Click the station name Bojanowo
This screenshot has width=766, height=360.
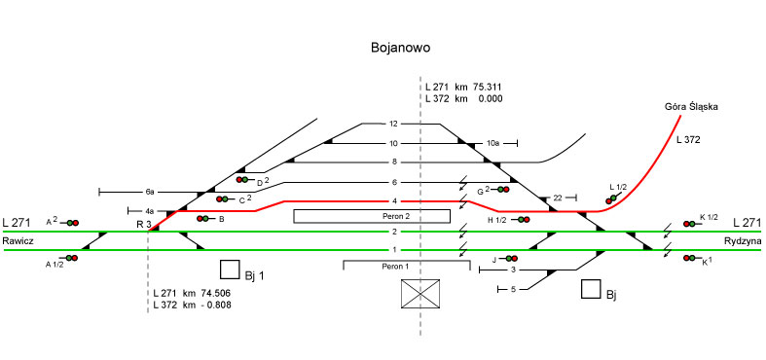pyautogui.click(x=401, y=48)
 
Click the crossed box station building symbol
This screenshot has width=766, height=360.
pyautogui.click(x=420, y=294)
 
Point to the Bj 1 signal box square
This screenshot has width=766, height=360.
pyautogui.click(x=230, y=270)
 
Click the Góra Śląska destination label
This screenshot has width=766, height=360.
pyautogui.click(x=691, y=107)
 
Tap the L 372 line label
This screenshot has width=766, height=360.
pyautogui.click(x=688, y=140)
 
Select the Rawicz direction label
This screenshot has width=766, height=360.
pyautogui.click(x=18, y=241)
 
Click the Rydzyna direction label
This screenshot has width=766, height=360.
pyautogui.click(x=743, y=241)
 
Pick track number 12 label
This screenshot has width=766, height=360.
pyautogui.click(x=394, y=124)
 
